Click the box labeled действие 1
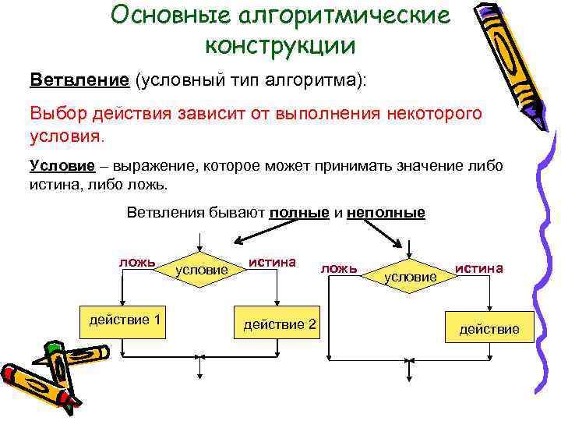click(125, 320)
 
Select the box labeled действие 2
click(280, 322)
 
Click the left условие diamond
click(203, 269)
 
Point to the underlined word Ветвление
click(79, 81)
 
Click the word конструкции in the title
click(280, 44)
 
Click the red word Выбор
click(58, 114)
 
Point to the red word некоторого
click(432, 114)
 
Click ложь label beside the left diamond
click(137, 261)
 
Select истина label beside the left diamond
click(273, 261)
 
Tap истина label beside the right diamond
click(479, 267)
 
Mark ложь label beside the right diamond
click(339, 268)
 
